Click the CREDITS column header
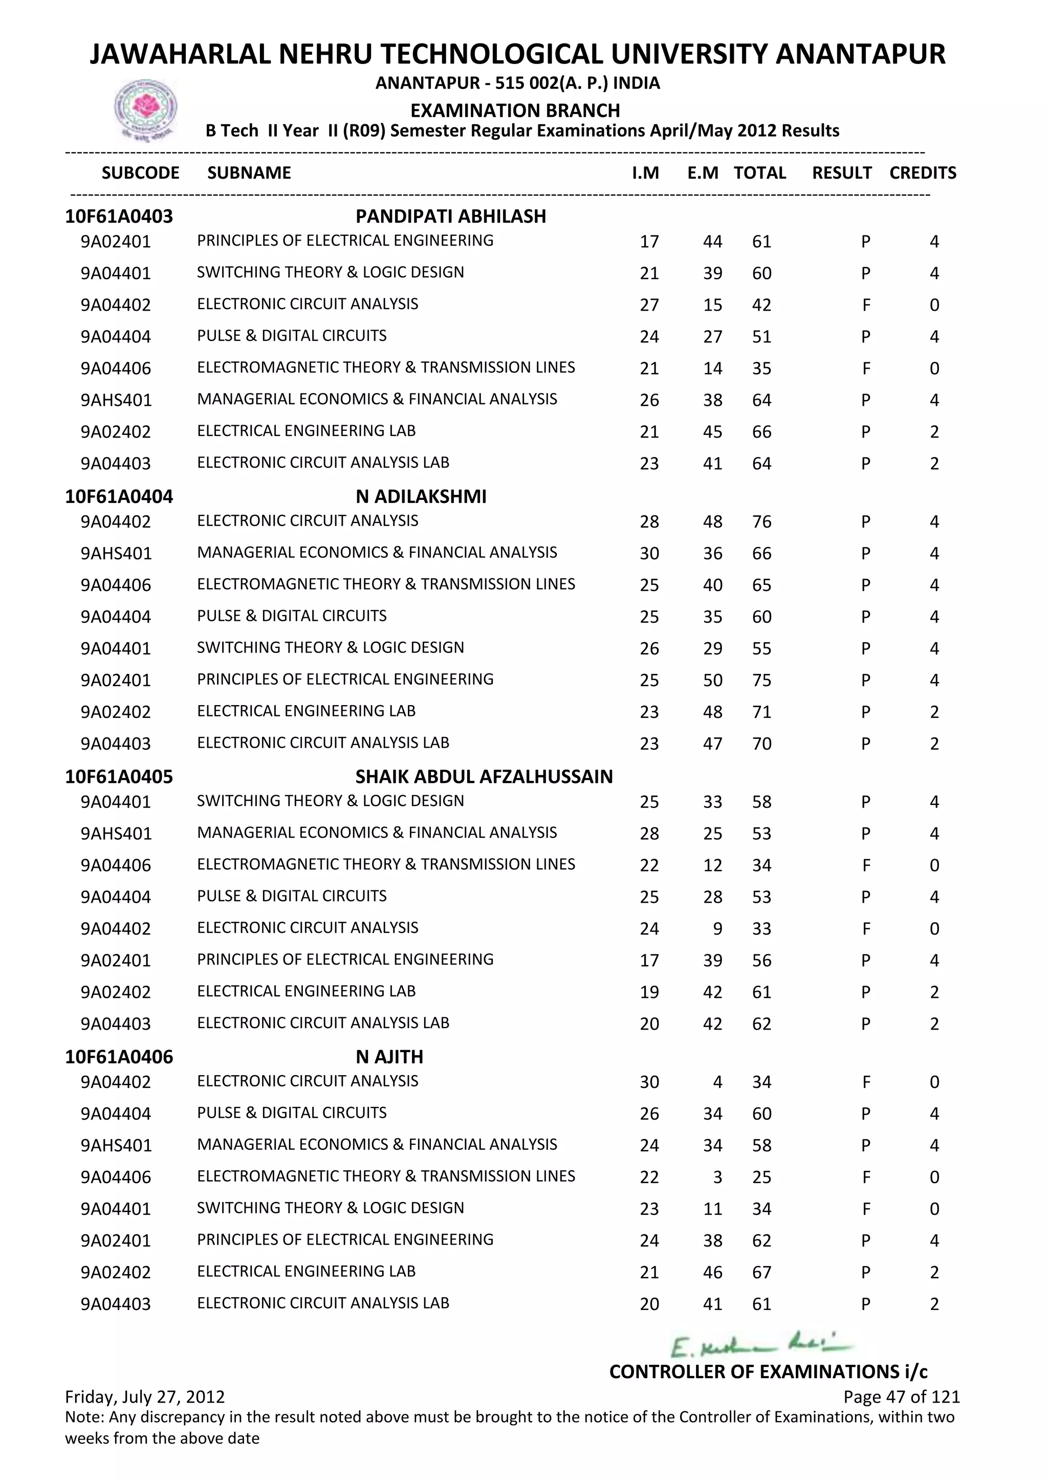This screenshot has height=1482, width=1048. pyautogui.click(x=922, y=173)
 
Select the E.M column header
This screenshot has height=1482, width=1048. pyautogui.click(x=703, y=173)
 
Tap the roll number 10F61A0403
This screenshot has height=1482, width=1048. pyautogui.click(x=119, y=216)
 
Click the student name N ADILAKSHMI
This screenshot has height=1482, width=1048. pyautogui.click(x=421, y=496)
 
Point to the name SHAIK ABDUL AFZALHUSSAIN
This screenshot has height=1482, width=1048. pyautogui.click(x=484, y=776)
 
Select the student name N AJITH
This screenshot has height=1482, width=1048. pyautogui.click(x=389, y=1057)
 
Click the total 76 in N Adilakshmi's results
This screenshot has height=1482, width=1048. pyautogui.click(x=761, y=521)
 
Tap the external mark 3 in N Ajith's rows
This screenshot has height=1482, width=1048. pyautogui.click(x=717, y=1178)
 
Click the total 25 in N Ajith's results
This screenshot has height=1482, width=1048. pyautogui.click(x=761, y=1178)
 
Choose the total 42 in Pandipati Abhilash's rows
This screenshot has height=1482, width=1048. pyautogui.click(x=761, y=306)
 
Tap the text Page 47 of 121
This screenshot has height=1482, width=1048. pyautogui.click(x=901, y=1397)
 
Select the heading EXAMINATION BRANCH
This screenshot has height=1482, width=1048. pyautogui.click(x=515, y=111)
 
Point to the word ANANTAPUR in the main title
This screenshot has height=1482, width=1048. pyautogui.click(x=860, y=54)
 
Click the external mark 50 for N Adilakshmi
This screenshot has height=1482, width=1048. pyautogui.click(x=712, y=680)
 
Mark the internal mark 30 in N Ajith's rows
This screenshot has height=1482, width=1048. pyautogui.click(x=649, y=1082)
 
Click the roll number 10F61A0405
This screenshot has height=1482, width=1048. pyautogui.click(x=119, y=776)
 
